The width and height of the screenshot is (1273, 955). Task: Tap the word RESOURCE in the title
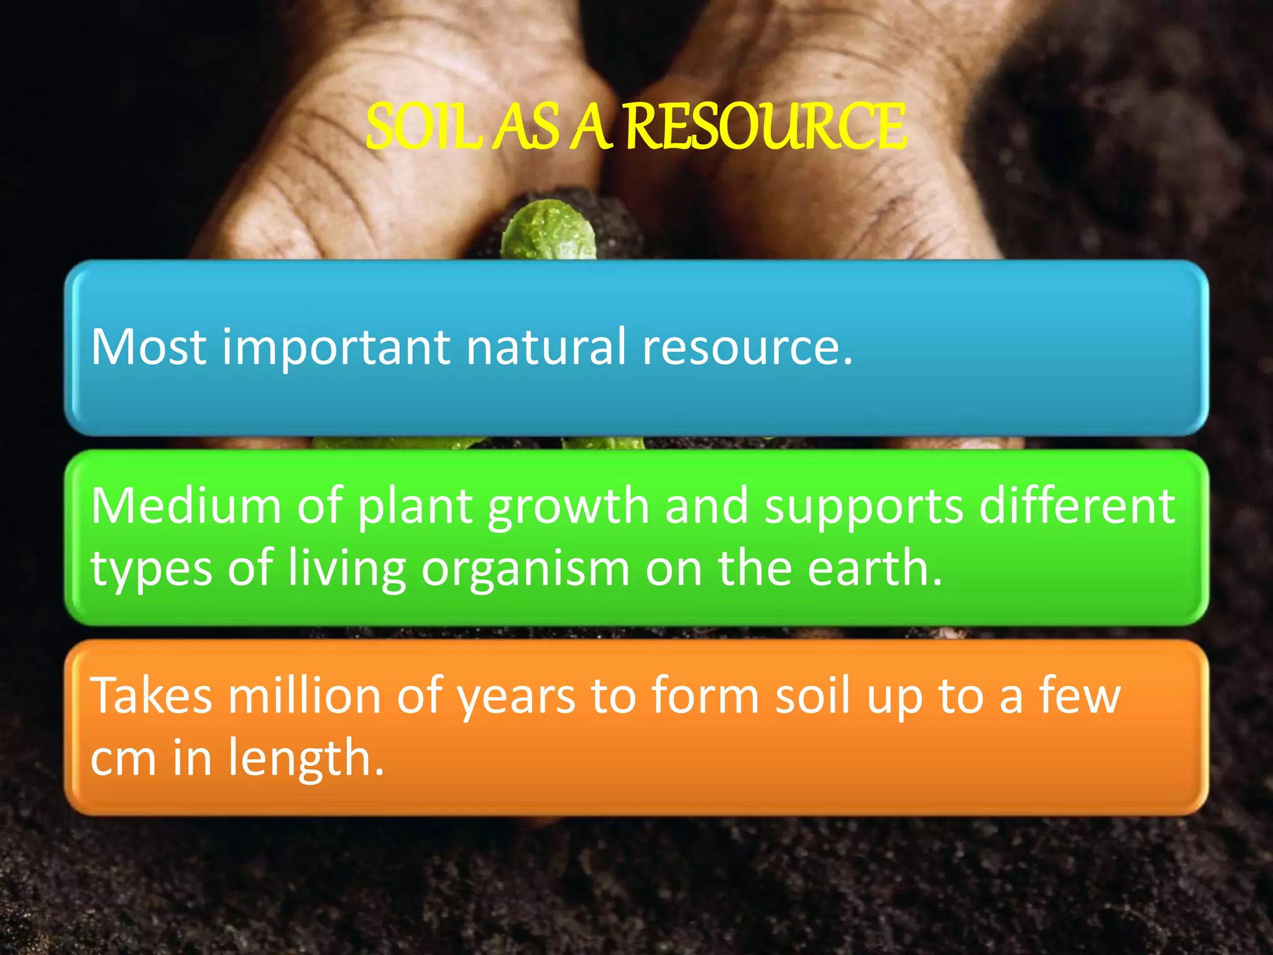[765, 127]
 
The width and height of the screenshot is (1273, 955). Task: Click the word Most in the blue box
[149, 346]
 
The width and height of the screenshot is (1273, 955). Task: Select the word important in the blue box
[336, 346]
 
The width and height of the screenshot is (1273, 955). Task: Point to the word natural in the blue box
[546, 346]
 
